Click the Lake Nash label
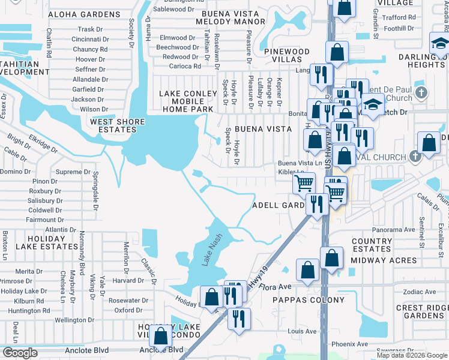[210, 249]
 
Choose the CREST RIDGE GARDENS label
[421, 311]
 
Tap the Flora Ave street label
[275, 287]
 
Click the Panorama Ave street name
[393, 229]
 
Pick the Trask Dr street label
[91, 29]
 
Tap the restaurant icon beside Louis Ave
[239, 318]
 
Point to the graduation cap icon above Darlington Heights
[439, 43]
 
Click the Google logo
[20, 353]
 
